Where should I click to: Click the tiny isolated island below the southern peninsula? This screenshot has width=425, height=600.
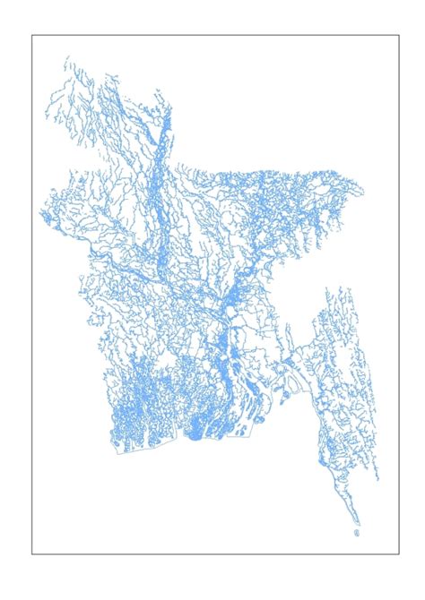point(357,533)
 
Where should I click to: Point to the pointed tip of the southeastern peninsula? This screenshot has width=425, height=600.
point(360,523)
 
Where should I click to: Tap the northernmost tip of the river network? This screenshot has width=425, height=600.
point(66,57)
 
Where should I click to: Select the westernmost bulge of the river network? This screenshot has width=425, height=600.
point(41,216)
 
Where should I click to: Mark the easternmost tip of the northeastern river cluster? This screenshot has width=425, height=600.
point(363,189)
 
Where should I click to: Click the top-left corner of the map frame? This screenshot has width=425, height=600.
point(32,36)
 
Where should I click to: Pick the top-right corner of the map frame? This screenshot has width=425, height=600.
point(399,36)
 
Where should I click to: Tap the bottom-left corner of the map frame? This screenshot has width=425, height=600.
point(32,554)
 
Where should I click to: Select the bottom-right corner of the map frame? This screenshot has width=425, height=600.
point(399,554)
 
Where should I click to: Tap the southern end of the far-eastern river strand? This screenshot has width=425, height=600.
point(377,480)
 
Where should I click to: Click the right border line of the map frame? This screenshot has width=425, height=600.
point(399,296)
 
